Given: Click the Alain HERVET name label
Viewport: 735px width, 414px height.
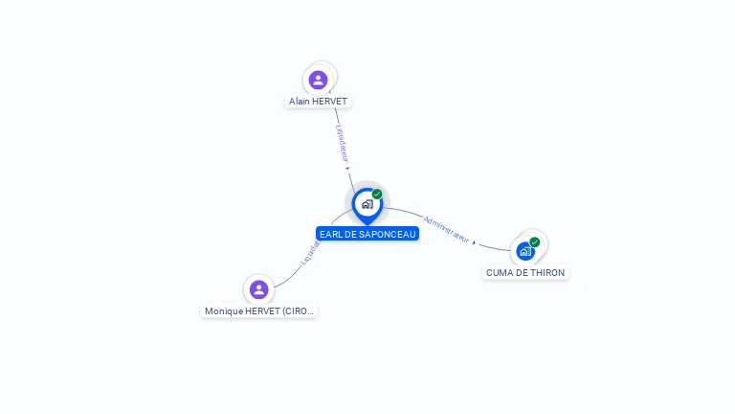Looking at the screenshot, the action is [x=319, y=101].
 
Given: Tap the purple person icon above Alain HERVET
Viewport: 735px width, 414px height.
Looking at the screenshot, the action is [x=319, y=80].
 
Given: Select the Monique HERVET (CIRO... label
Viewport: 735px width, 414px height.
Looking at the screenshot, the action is [x=258, y=310].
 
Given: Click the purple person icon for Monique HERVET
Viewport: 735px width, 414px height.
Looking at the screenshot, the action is [x=258, y=289].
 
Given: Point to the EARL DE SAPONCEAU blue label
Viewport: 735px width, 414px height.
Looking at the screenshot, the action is [x=367, y=234].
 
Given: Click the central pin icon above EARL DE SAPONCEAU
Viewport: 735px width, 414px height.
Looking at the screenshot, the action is [x=367, y=204].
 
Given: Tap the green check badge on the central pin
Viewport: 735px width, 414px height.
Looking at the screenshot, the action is [x=377, y=195].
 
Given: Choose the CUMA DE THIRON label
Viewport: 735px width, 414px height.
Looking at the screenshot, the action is [x=525, y=272].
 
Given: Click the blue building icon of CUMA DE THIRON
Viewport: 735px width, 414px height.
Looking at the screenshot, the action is [x=524, y=251].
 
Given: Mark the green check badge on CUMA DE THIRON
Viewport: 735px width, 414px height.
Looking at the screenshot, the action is [x=535, y=242].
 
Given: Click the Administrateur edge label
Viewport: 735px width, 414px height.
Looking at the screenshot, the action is [x=447, y=228].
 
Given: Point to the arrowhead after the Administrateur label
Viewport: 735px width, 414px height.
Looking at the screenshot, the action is [x=474, y=242].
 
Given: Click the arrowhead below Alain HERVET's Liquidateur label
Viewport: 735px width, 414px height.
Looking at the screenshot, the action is [x=347, y=168].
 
